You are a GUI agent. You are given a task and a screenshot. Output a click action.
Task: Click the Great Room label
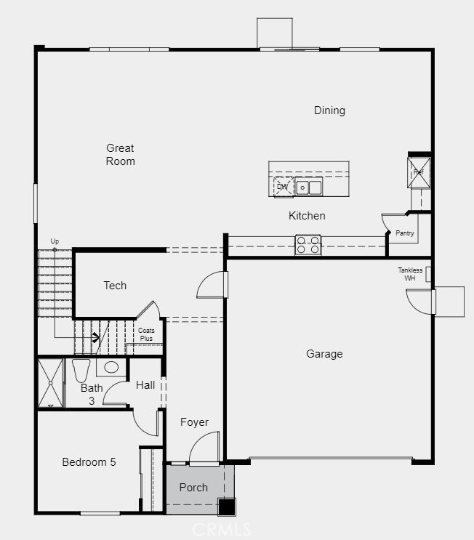click(x=120, y=155)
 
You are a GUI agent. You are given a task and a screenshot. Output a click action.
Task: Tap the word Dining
click(x=329, y=110)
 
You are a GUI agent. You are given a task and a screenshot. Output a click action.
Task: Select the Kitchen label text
click(x=307, y=216)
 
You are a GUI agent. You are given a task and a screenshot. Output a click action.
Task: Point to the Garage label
click(x=324, y=354)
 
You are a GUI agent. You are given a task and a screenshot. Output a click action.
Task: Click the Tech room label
click(x=115, y=286)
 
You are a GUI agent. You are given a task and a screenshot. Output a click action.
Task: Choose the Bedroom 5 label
click(x=89, y=462)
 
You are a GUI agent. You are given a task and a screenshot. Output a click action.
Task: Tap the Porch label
click(x=193, y=488)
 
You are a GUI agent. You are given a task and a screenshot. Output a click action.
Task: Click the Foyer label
click(x=194, y=422)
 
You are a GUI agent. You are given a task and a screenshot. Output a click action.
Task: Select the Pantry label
click(x=405, y=233)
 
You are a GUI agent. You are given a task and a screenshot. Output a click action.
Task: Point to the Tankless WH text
click(x=410, y=274)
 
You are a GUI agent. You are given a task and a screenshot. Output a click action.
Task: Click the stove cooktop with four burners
click(x=308, y=245)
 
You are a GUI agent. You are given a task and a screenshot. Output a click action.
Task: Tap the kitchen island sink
click(x=309, y=188)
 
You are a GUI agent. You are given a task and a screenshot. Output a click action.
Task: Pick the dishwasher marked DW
click(x=283, y=187)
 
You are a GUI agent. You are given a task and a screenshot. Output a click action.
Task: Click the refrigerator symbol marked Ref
click(x=419, y=172)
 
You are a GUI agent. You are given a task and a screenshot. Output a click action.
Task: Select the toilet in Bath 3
click(x=80, y=368)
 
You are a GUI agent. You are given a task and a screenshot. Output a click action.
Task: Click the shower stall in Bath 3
click(x=51, y=382)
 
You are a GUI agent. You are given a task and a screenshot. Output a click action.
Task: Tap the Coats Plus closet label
click(x=146, y=334)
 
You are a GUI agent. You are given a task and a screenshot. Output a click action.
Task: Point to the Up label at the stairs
click(x=55, y=241)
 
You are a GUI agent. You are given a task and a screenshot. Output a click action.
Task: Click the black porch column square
click(x=227, y=506)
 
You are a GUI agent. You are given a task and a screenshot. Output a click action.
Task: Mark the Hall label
click(x=145, y=385)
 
